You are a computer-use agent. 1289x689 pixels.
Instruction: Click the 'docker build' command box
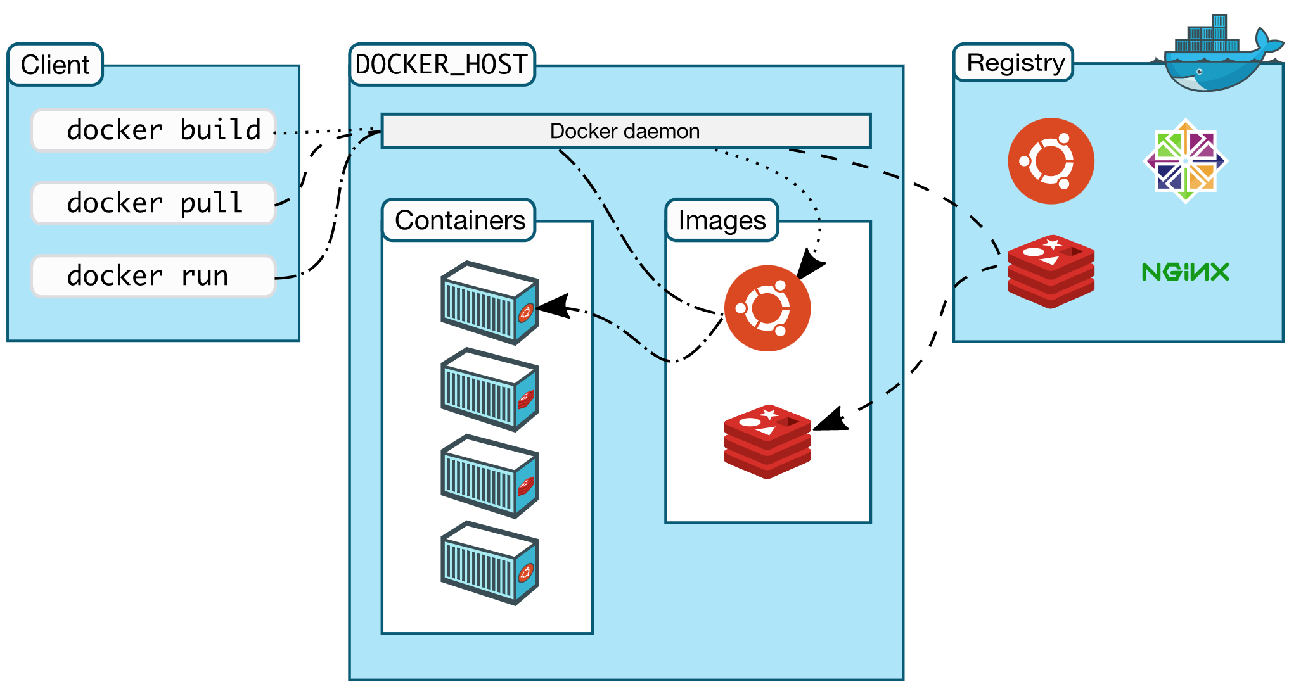153,130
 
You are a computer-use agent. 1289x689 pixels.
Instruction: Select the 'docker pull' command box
153,203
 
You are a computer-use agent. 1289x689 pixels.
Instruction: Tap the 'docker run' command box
153,276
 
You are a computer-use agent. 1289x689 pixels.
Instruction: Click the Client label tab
55,65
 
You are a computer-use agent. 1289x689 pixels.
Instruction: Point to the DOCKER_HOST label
442,65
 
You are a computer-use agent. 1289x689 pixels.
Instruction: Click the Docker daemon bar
625,131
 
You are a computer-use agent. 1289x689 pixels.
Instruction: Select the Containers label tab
459,220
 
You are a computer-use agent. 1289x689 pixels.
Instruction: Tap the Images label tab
722,220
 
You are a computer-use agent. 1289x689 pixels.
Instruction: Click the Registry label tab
1014,63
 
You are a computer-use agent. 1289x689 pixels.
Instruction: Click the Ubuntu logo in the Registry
1051,161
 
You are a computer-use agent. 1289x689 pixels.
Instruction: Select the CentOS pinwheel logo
1185,161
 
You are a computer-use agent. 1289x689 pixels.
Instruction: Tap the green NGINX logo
1185,272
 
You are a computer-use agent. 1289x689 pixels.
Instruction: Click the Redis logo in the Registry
1051,272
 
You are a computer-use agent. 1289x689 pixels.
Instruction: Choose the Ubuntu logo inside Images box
767,308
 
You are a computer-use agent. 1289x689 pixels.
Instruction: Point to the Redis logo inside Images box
767,441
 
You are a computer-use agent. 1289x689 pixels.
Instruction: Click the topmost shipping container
489,303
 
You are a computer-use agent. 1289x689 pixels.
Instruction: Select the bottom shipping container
489,563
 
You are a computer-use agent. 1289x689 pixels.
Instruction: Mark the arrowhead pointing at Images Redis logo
830,420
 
